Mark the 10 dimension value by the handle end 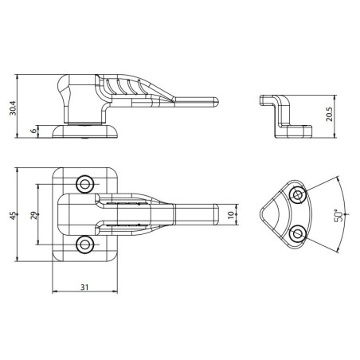230,214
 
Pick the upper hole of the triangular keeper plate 297,195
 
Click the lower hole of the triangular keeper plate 297,233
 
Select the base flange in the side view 84,131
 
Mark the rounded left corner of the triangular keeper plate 262,213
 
